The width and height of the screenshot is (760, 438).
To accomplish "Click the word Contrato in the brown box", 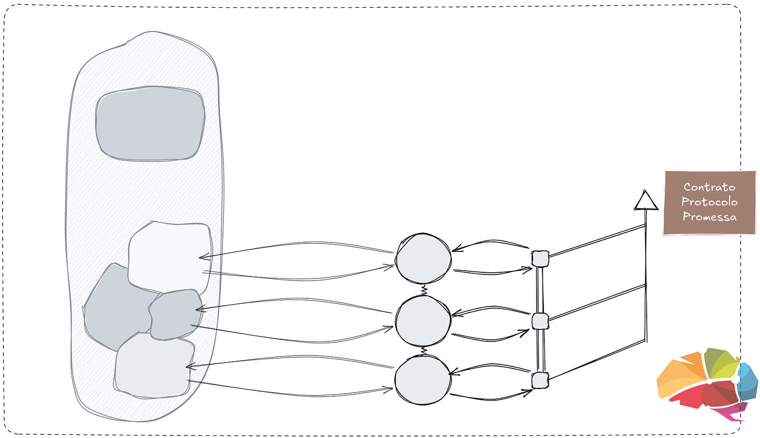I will pyautogui.click(x=709, y=187).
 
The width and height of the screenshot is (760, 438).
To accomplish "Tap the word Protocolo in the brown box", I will pyautogui.click(x=709, y=202).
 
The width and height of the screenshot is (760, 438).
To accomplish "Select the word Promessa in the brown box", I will pyautogui.click(x=709, y=216).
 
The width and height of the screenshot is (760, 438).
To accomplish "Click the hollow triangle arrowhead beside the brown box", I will pyautogui.click(x=646, y=201).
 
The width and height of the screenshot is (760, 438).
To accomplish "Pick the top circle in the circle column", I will pyautogui.click(x=423, y=260).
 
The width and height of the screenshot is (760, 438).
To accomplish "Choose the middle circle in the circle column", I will pyautogui.click(x=422, y=321).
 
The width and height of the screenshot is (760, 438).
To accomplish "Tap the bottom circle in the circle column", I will pyautogui.click(x=422, y=380).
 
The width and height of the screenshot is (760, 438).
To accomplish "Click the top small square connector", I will pyautogui.click(x=540, y=259).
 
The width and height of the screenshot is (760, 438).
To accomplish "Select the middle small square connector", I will pyautogui.click(x=540, y=321).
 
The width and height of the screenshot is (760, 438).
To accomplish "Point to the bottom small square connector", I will pyautogui.click(x=540, y=381).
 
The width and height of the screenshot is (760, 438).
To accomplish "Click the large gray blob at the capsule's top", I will pyautogui.click(x=150, y=123).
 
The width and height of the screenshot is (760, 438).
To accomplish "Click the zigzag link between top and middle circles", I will pyautogui.click(x=424, y=289).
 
